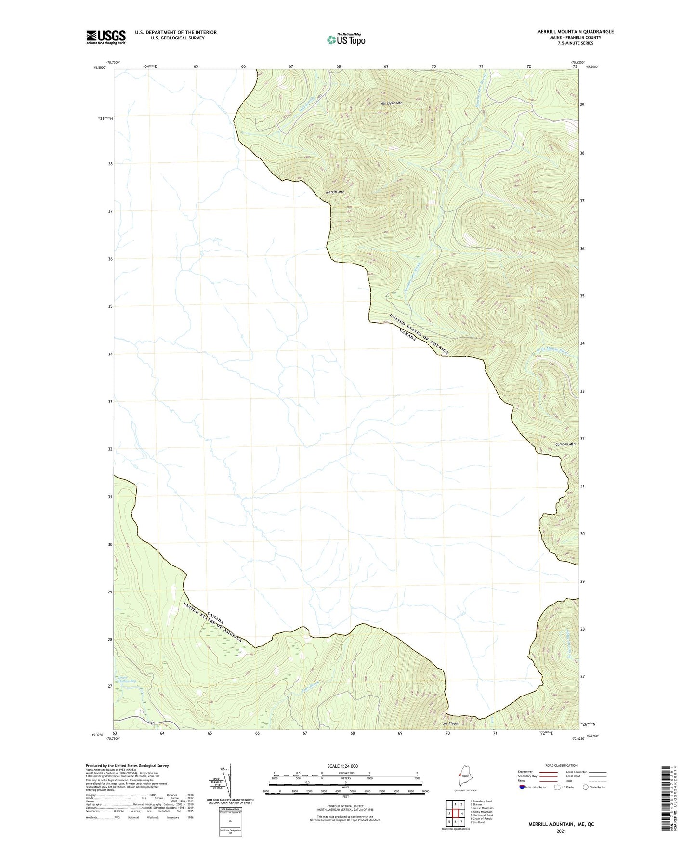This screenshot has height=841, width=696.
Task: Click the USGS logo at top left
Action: pos(106,37)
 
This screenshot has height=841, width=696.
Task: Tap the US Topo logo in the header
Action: pos(345,39)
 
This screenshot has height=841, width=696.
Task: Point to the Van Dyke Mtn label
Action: pos(391,103)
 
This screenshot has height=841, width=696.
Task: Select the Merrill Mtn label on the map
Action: pos(335,192)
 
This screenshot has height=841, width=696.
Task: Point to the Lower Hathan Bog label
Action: pos(126,681)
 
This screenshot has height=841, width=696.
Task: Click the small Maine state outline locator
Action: pos(464,779)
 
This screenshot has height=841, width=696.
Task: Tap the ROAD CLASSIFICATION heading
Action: pos(561,765)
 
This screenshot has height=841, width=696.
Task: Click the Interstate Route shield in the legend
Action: pos(523,787)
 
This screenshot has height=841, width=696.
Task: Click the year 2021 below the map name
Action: pos(561,830)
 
